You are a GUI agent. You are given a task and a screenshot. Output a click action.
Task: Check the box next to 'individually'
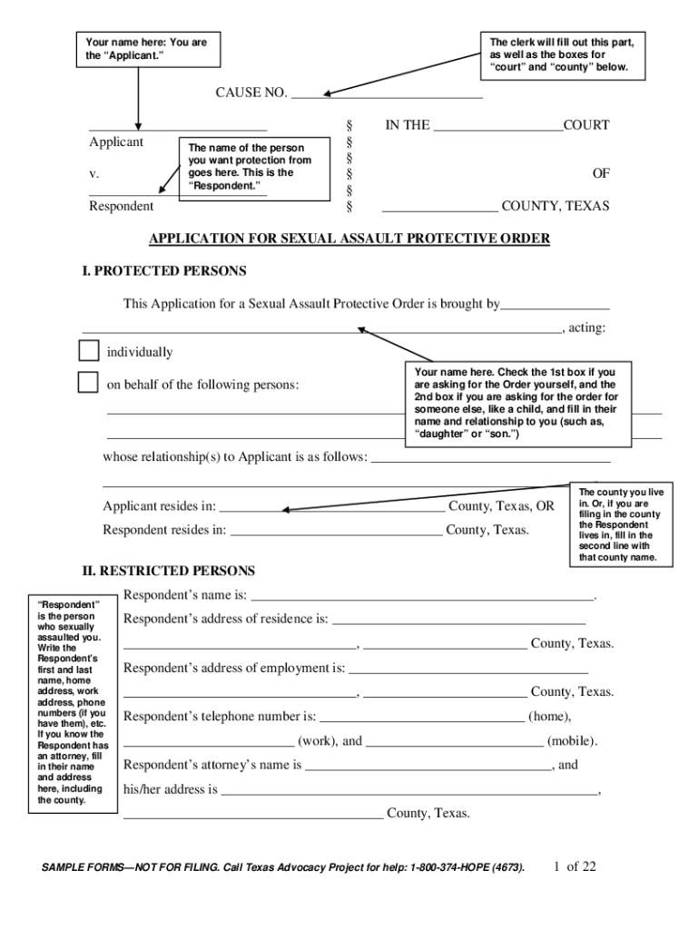pos(88,351)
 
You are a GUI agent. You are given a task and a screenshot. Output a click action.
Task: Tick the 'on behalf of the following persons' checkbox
pos(88,383)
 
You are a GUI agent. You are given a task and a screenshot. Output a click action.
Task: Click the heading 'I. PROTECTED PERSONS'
pos(164,270)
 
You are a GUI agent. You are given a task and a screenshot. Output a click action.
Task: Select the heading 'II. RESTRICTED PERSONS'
pos(169,571)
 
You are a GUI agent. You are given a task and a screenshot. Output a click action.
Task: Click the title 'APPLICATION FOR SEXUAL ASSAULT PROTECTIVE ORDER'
pos(349,239)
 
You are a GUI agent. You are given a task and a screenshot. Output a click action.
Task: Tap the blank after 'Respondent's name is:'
pos(422,597)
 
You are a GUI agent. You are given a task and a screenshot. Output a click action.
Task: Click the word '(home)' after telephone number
pos(550,716)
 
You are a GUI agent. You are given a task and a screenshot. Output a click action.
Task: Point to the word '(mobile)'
pos(572,740)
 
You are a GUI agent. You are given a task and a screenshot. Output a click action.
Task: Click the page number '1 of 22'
pos(575,866)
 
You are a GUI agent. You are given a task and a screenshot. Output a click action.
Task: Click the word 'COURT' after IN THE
pos(586,125)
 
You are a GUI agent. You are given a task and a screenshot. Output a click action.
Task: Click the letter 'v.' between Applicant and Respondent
pos(94,172)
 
